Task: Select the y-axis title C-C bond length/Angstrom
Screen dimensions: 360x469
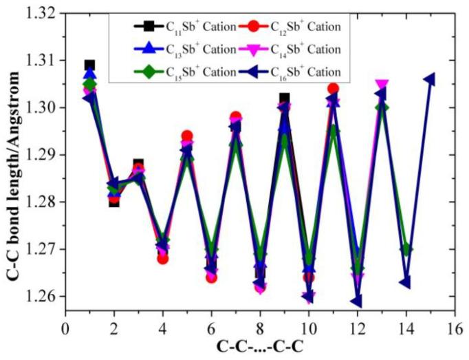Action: [x=12, y=155]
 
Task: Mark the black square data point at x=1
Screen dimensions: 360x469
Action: [x=89, y=65]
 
